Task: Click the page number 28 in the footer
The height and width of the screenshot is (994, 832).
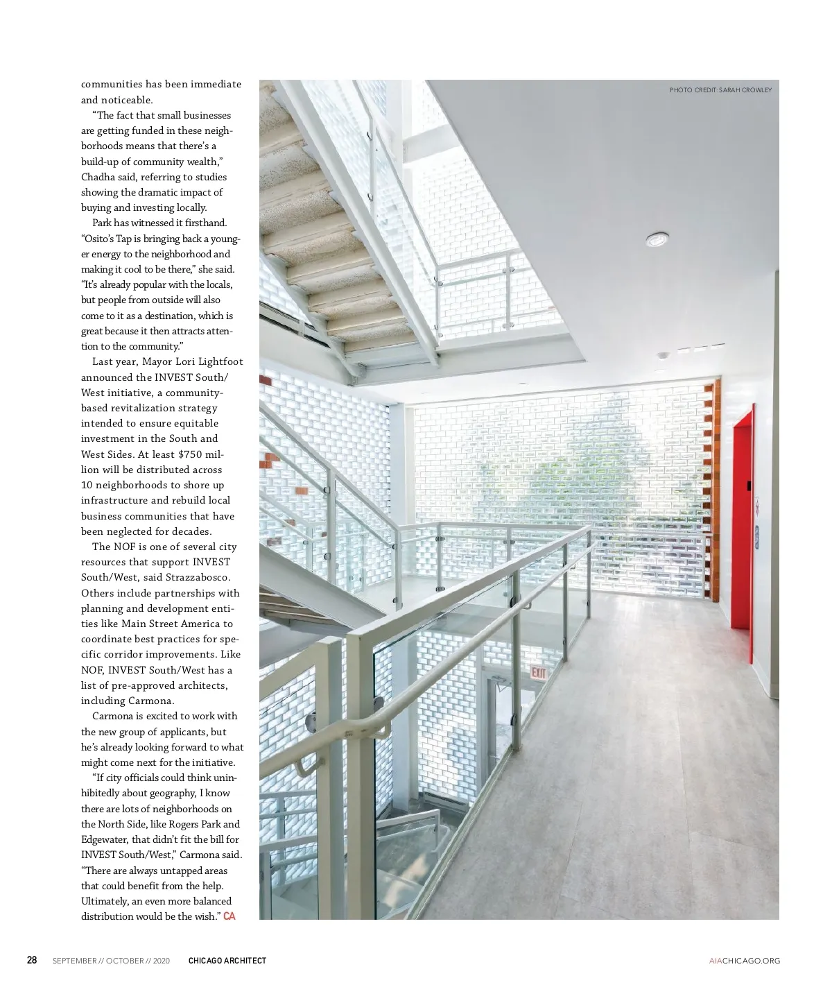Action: coord(32,960)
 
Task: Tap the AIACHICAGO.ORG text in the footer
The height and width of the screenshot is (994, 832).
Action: coord(744,961)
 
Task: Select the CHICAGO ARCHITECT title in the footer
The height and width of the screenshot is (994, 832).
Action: coord(227,961)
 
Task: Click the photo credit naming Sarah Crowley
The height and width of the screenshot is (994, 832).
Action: coord(720,90)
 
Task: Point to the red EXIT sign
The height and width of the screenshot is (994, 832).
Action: coord(538,672)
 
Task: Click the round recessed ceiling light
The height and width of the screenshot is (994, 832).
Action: coord(657,240)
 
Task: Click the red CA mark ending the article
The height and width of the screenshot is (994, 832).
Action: coord(229,916)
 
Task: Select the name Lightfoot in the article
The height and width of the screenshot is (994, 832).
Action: coord(220,362)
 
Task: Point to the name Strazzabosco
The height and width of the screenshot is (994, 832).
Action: coord(198,577)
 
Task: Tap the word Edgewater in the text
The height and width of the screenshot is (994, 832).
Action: coord(104,839)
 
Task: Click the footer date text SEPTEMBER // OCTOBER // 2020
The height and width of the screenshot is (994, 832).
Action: coord(111,961)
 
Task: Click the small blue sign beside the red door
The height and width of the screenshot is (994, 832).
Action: coord(756,533)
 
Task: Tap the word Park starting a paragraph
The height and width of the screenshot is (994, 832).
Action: coord(103,223)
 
